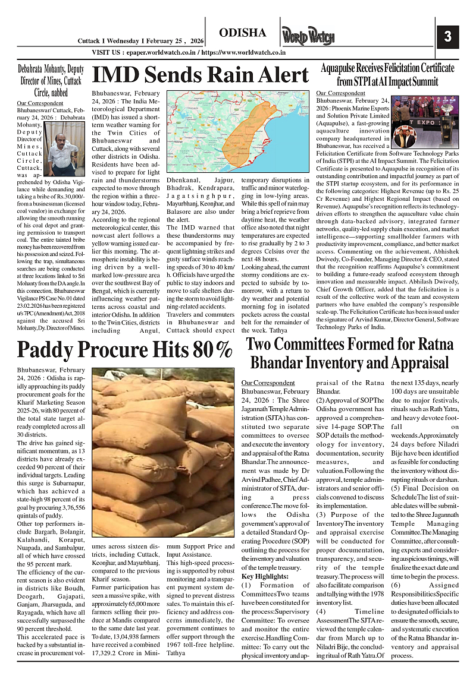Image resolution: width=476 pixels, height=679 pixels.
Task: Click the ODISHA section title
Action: (242, 33)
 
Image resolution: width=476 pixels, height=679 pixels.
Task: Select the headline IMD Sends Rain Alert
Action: (201, 75)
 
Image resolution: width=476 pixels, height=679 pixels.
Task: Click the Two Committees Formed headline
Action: (350, 353)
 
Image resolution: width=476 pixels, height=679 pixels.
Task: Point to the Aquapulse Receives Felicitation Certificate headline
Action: (387, 74)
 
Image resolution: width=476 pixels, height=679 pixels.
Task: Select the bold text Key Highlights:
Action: (265, 576)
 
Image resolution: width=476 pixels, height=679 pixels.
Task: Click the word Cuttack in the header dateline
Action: (91, 41)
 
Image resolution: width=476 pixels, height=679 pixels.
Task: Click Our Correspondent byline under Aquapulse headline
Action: (340, 93)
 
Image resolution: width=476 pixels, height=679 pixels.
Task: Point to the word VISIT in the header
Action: (102, 52)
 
